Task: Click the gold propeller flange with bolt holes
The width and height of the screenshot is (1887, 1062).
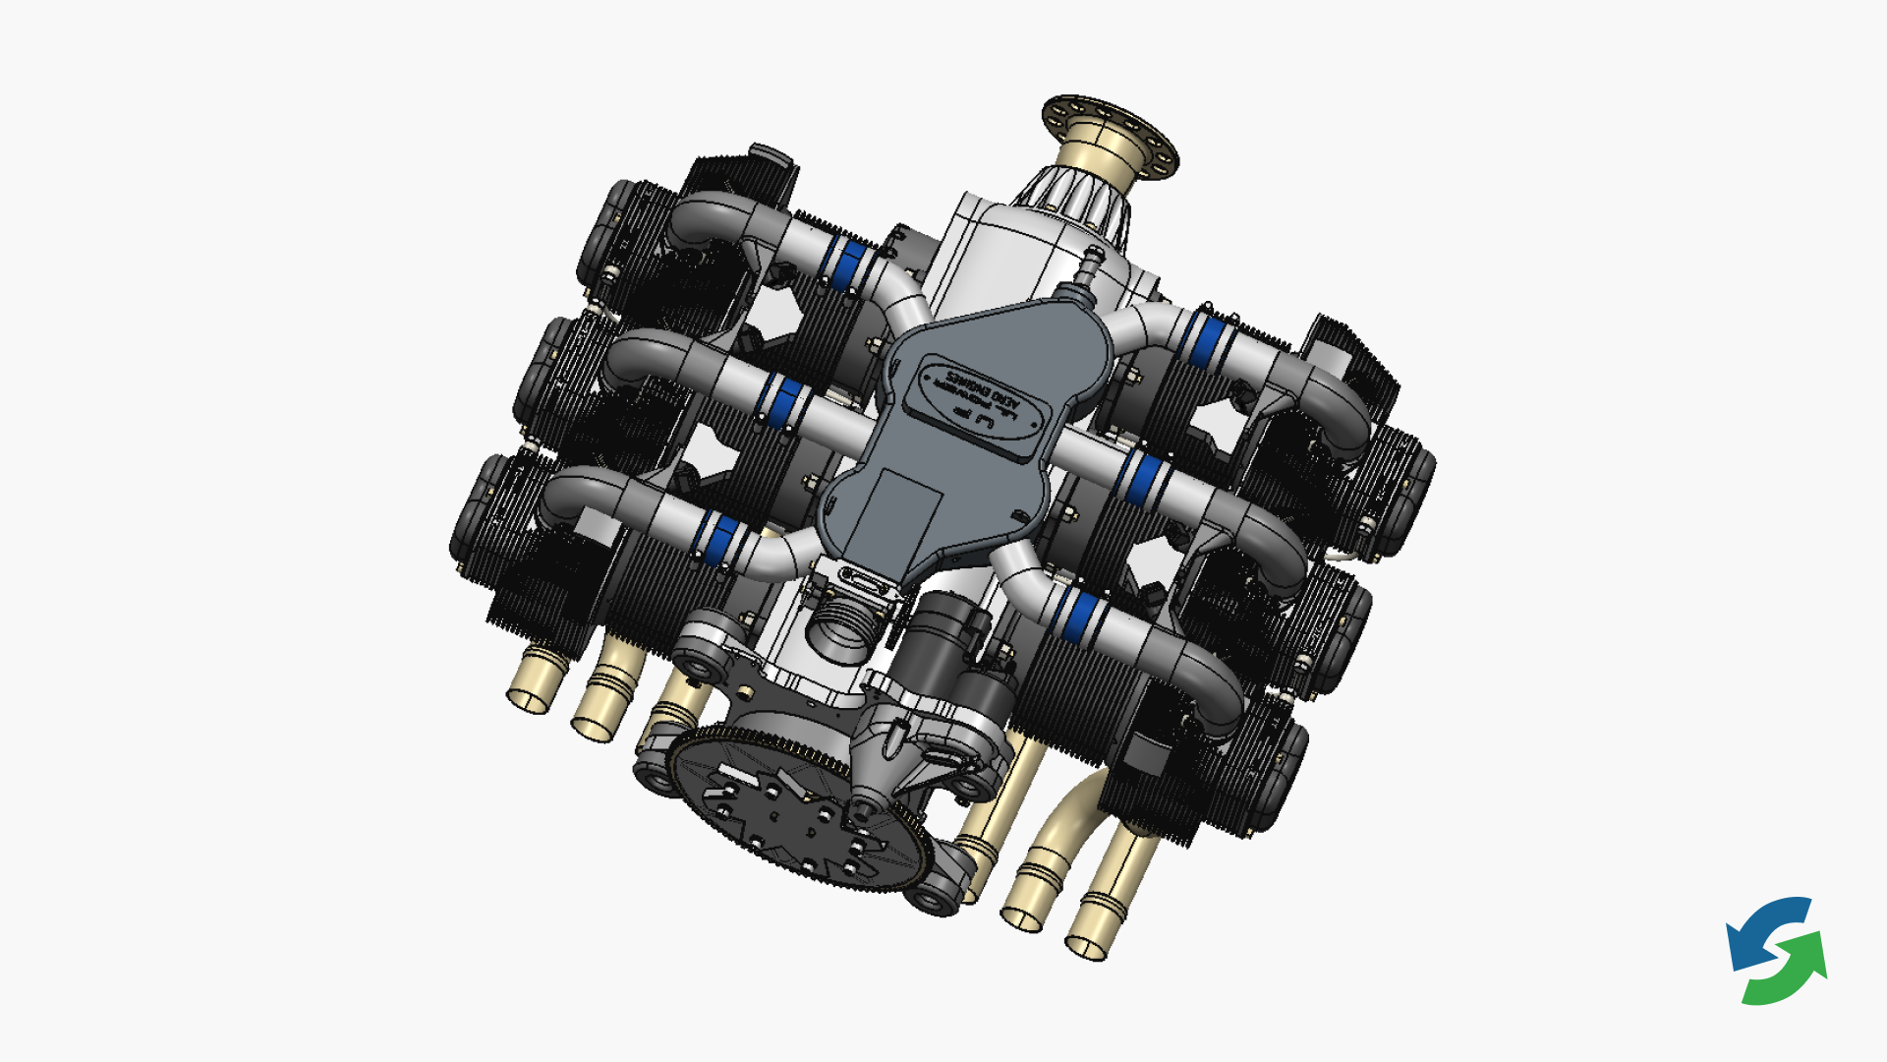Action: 1111,133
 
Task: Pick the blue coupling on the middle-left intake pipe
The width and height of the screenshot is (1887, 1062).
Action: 784,401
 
